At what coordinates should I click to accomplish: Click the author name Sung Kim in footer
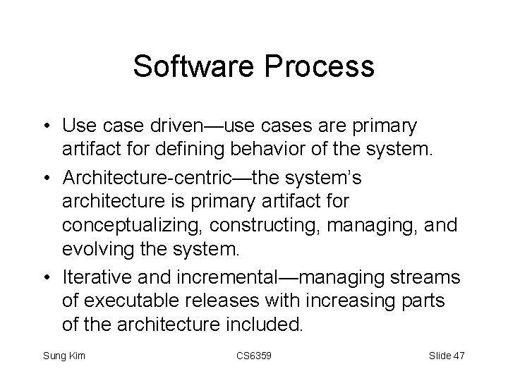[x=64, y=356]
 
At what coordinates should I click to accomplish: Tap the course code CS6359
[x=253, y=356]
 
